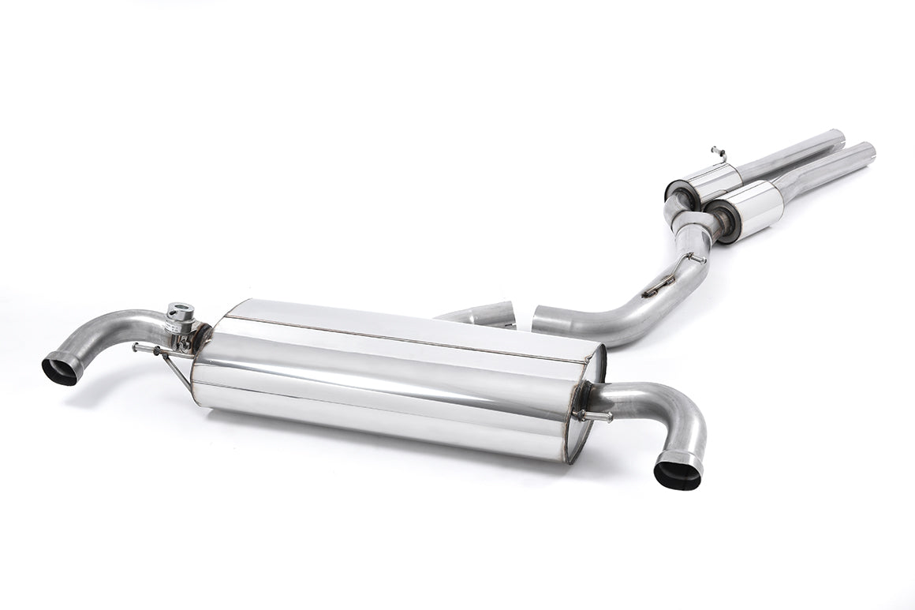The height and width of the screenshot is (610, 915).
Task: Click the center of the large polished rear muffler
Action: coord(394,379)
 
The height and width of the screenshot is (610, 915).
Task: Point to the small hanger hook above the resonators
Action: coord(716,150)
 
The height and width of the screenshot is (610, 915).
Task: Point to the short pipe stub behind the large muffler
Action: coord(481,314)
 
